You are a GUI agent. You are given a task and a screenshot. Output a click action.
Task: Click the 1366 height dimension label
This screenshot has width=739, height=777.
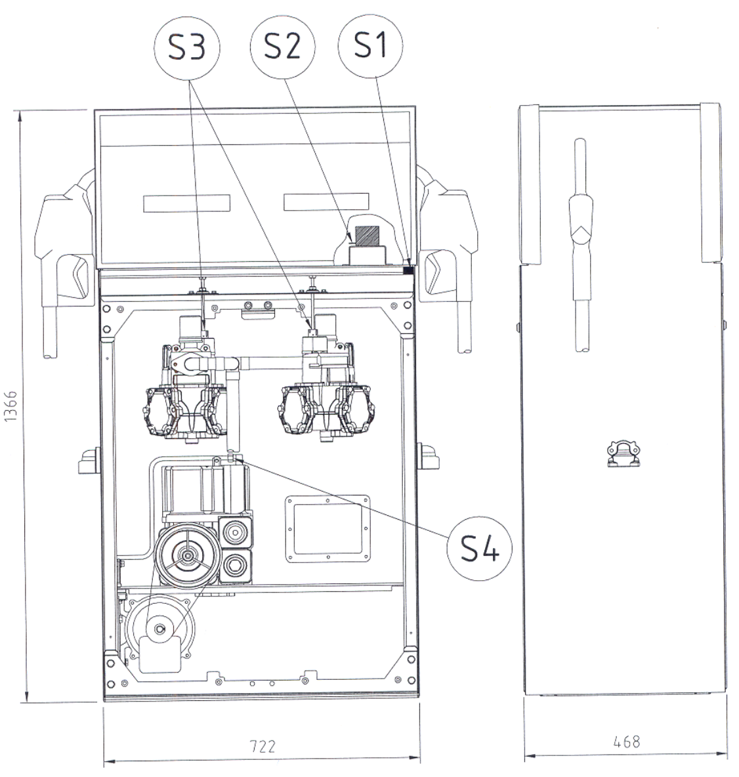[11, 406]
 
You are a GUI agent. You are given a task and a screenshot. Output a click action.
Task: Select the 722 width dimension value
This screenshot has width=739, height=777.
[262, 746]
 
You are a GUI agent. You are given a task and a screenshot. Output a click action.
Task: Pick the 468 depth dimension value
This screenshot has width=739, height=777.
[627, 742]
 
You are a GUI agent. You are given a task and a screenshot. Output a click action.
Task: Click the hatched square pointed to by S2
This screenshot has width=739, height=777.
[368, 235]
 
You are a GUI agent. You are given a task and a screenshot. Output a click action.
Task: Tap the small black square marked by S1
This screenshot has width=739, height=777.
[409, 270]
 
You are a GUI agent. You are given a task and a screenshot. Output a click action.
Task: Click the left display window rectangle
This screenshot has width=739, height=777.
[187, 203]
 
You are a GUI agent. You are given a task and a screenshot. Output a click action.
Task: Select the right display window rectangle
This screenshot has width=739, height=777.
[326, 201]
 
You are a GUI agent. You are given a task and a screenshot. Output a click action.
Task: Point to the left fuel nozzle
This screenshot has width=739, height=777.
[64, 262]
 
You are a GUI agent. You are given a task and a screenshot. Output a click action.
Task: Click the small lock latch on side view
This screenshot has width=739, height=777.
[623, 453]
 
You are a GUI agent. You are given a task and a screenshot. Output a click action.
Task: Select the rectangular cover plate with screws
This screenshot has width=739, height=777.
[327, 529]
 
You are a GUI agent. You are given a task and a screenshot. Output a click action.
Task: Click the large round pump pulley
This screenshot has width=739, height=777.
[188, 556]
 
